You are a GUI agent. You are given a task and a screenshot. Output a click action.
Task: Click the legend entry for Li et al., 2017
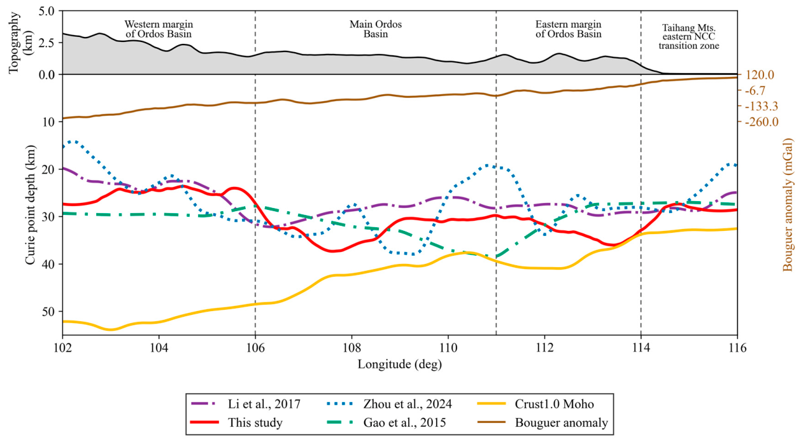[x=246, y=404]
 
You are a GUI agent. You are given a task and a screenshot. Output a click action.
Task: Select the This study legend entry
[x=237, y=422]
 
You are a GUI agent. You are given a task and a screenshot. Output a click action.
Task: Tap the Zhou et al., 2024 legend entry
[x=390, y=404]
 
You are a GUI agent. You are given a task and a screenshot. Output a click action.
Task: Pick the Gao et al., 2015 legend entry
[x=386, y=422]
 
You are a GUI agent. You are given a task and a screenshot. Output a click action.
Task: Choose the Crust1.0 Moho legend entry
[x=535, y=404]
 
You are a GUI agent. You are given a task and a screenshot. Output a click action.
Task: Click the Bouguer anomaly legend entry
[x=543, y=422]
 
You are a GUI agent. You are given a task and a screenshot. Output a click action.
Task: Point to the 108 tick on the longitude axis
[x=351, y=347]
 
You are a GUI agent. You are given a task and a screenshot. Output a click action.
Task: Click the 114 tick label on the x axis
[x=641, y=347]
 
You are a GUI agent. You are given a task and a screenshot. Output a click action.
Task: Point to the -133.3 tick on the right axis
[x=762, y=106]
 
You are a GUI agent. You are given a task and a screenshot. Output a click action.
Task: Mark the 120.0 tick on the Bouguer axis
[x=760, y=75]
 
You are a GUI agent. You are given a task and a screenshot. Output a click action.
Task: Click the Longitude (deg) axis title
[x=400, y=364]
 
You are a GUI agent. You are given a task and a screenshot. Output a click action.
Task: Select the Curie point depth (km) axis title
[x=31, y=205]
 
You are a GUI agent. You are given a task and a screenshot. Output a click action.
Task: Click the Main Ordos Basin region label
[x=376, y=29]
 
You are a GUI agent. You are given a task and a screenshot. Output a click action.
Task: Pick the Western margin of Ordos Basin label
[x=159, y=29]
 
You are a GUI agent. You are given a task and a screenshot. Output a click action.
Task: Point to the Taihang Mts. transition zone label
[x=689, y=37]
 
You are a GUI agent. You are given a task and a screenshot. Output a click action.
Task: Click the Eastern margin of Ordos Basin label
[x=568, y=29]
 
